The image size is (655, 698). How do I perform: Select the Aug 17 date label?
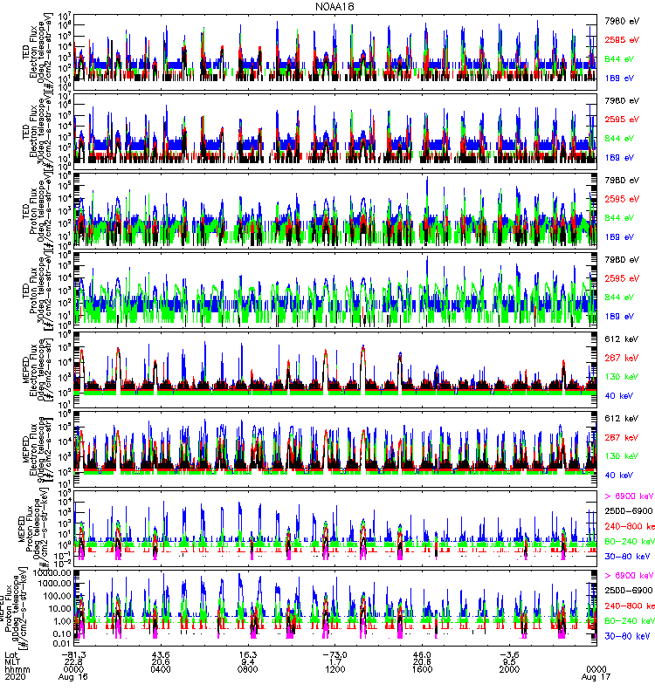pos(596,676)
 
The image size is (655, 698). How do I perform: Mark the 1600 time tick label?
pos(422,667)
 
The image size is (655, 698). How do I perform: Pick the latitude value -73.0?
pos(334,653)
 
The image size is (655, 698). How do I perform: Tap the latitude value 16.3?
pos(248,653)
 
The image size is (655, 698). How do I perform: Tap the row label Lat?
pos(12,653)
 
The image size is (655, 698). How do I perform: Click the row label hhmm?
pos(17,667)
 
